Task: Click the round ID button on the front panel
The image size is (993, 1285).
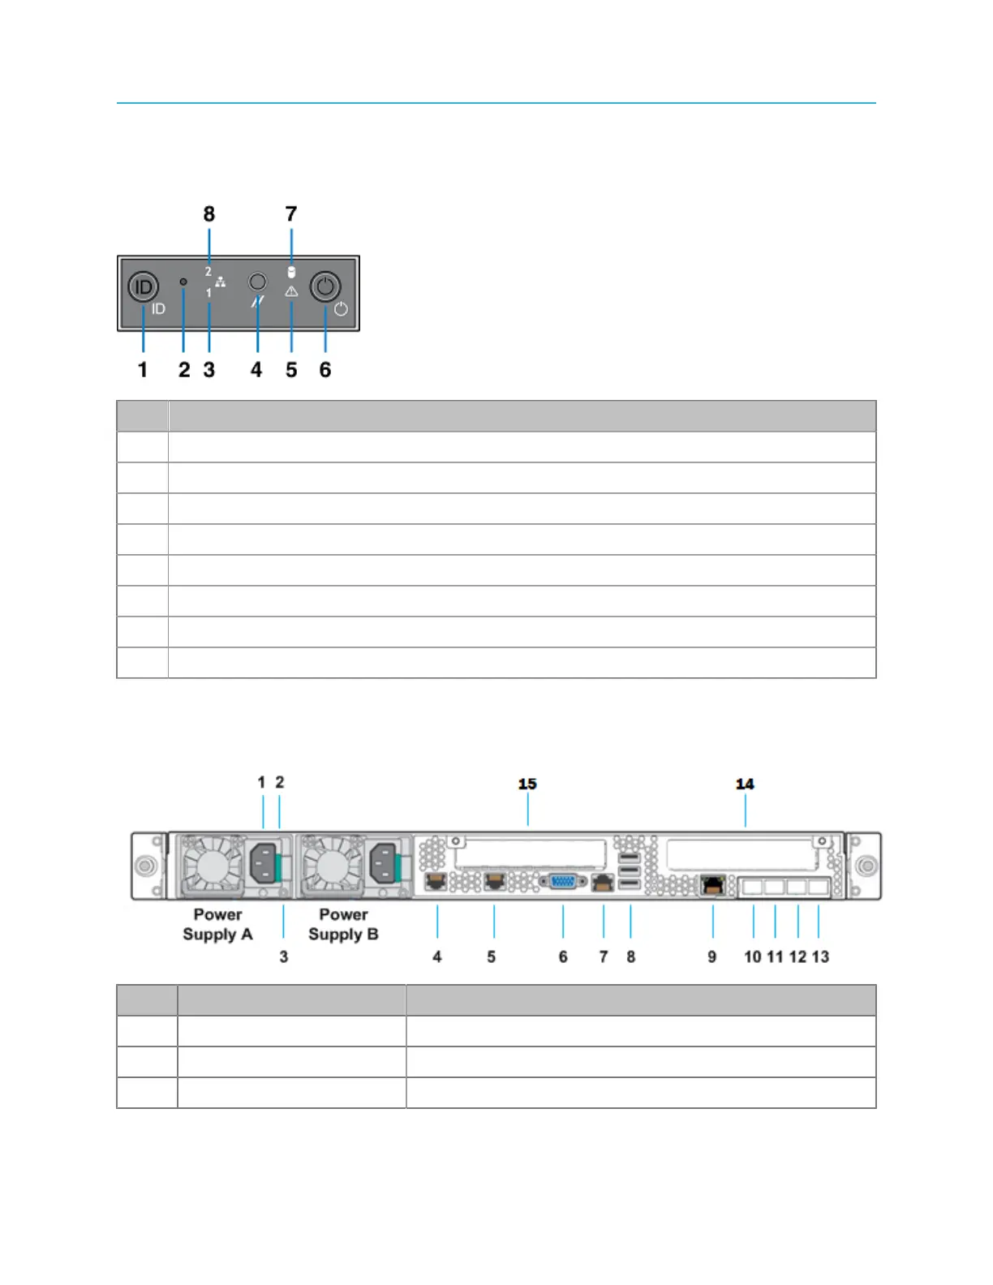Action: (x=143, y=286)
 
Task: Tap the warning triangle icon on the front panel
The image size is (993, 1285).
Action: (x=291, y=291)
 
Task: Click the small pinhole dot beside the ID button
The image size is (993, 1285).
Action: (x=183, y=281)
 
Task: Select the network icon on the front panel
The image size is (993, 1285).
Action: (x=221, y=282)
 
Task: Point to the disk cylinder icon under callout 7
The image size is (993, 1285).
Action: (x=291, y=273)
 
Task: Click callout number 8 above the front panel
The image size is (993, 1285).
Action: (x=208, y=214)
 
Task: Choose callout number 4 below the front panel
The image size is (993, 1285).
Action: (x=256, y=370)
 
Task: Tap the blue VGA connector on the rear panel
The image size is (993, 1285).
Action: (x=563, y=882)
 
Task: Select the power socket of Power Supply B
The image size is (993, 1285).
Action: (x=383, y=863)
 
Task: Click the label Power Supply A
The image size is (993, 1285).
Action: (x=217, y=925)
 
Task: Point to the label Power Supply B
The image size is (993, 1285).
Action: (x=343, y=925)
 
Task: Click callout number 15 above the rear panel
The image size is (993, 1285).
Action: (x=527, y=784)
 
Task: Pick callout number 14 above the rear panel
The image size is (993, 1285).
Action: (x=745, y=784)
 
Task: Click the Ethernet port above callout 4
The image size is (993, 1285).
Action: (x=436, y=882)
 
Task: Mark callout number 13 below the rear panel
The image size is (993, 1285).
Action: (x=820, y=957)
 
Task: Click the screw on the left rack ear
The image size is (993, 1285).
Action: (x=145, y=866)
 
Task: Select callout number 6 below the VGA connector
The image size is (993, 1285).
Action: (x=563, y=957)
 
